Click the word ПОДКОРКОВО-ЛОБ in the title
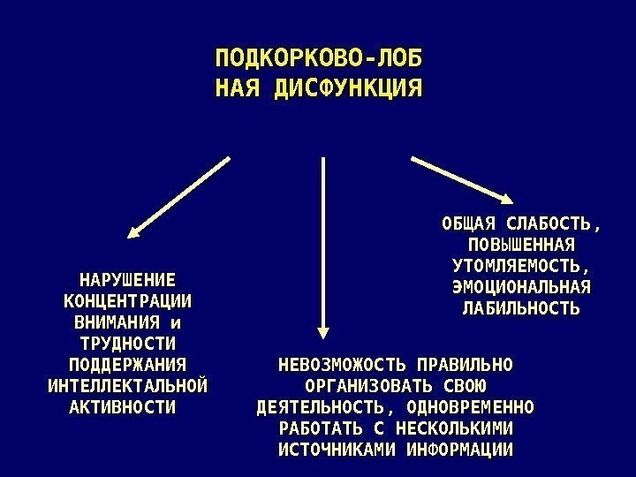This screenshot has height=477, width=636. (x=319, y=59)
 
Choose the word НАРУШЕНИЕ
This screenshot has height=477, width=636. (x=127, y=279)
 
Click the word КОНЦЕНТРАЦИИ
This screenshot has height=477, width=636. (x=127, y=300)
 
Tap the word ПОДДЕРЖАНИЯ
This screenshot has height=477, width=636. (x=127, y=365)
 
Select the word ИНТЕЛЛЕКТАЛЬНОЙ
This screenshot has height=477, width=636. (x=127, y=386)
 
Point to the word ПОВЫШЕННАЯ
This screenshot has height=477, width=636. (x=520, y=245)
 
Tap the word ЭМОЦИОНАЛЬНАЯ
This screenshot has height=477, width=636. (x=520, y=287)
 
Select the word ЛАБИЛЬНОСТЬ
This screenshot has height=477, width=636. (x=521, y=308)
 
